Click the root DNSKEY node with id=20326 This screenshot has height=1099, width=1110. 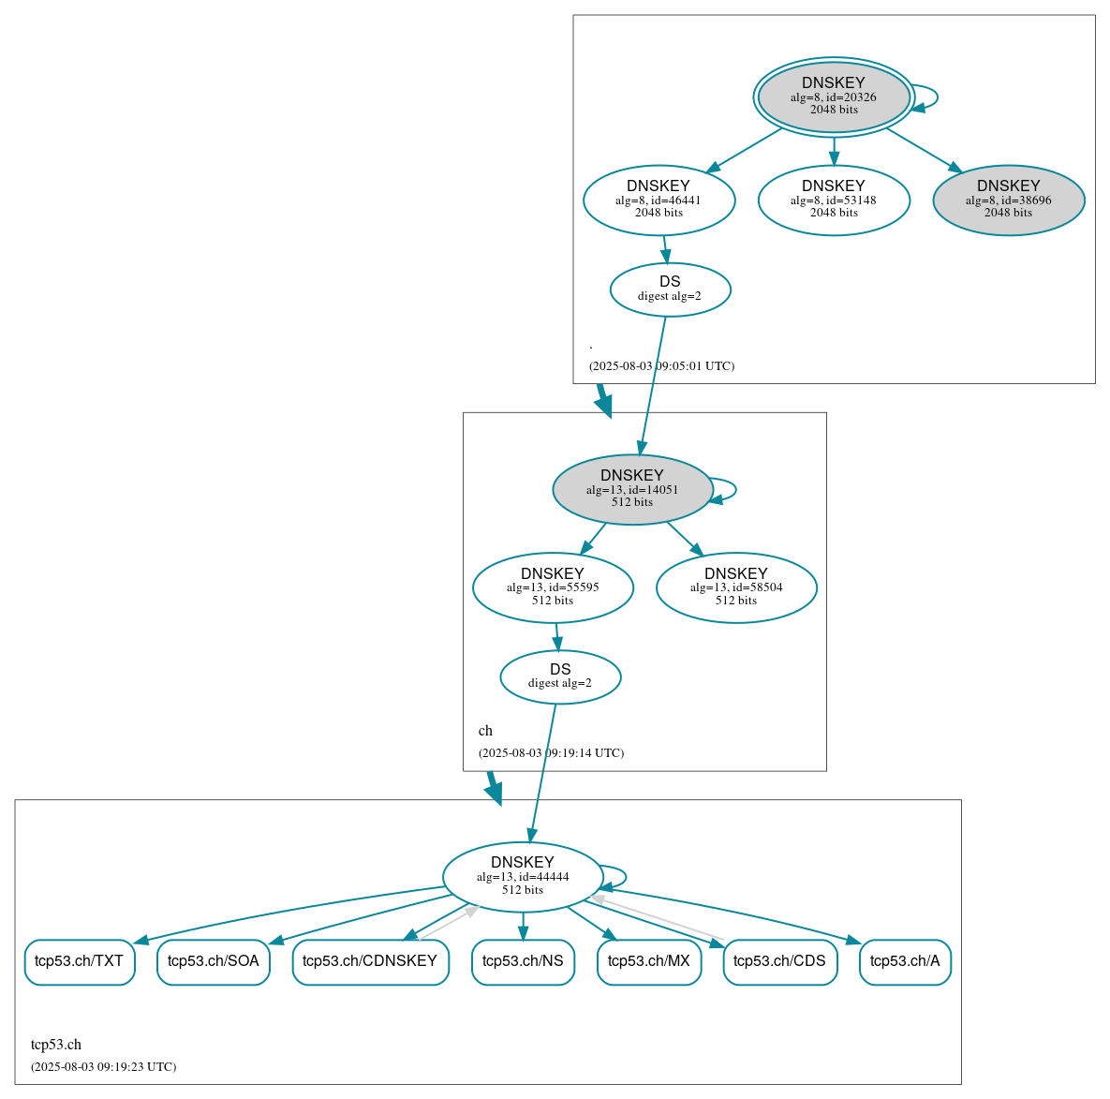coord(833,97)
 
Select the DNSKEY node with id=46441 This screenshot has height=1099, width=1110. coord(659,200)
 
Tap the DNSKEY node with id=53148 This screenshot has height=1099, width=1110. coord(833,200)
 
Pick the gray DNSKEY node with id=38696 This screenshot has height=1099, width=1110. coord(1008,200)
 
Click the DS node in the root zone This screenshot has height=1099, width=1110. coord(670,290)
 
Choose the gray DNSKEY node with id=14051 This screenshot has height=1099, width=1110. coord(632,489)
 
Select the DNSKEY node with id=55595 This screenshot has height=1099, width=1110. coord(553,587)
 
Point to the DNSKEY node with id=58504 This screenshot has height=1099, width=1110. coord(736,587)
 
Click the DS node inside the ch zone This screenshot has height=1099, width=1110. coord(560,676)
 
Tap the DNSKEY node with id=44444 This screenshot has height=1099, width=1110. coord(522,877)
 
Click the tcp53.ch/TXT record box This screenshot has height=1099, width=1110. coord(80,961)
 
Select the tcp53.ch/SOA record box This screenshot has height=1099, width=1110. coord(214,961)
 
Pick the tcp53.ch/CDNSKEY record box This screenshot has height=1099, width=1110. coord(370,961)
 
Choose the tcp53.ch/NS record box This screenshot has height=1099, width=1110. coord(523,961)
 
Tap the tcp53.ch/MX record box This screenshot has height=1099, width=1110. coord(649,961)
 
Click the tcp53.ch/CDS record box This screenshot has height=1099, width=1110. coord(779,961)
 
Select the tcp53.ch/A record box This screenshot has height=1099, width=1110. coord(905,961)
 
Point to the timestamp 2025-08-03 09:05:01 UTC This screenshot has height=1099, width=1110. coord(661,366)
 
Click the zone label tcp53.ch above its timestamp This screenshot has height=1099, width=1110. coord(56,1045)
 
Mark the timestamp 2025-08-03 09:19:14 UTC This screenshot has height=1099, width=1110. coord(551,753)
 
